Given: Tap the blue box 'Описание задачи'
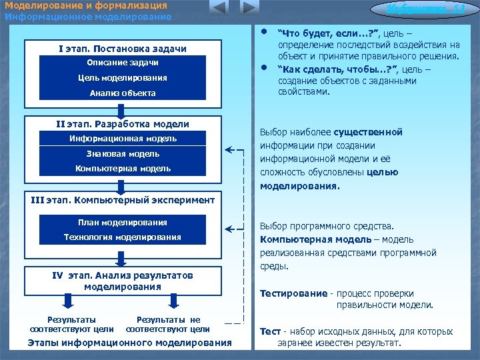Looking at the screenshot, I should pyautogui.click(x=123, y=63).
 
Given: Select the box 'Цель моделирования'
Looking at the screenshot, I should pyautogui.click(x=123, y=78).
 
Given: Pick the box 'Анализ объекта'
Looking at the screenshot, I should pyautogui.click(x=123, y=93).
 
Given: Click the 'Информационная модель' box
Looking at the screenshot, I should pyautogui.click(x=123, y=139).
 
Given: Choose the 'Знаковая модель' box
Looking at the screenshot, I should pyautogui.click(x=123, y=154).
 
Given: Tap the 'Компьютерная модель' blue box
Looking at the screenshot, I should pyautogui.click(x=123, y=169).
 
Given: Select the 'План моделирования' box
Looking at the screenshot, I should pyautogui.click(x=123, y=223).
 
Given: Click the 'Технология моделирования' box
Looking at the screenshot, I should pyautogui.click(x=123, y=237).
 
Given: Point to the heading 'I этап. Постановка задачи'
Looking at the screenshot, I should pyautogui.click(x=123, y=49).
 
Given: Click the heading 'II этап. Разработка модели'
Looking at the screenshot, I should pyautogui.click(x=123, y=124).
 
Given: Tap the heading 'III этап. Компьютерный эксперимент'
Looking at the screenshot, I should pyautogui.click(x=123, y=199).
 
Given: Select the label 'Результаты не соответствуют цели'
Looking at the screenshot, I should pyautogui.click(x=167, y=325).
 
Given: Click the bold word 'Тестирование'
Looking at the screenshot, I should pyautogui.click(x=293, y=293).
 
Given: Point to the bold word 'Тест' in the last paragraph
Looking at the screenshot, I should pyautogui.click(x=270, y=331).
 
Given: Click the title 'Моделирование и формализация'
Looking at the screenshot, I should pyautogui.click(x=85, y=6).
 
